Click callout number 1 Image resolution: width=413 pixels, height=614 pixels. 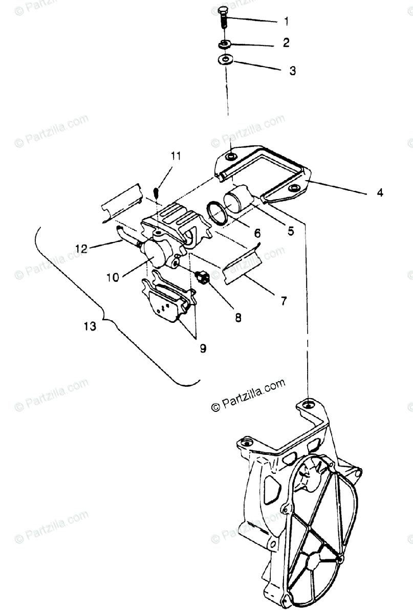click(286, 21)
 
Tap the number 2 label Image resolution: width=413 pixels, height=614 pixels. click(286, 43)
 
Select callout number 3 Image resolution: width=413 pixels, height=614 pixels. click(292, 71)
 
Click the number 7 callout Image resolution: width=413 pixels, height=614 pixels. click(283, 301)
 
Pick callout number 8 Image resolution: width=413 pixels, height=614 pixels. click(238, 317)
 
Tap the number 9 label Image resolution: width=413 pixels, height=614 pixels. click(203, 348)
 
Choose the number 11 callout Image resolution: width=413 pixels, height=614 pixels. click(176, 156)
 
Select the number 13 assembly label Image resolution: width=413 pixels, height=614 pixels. click(90, 326)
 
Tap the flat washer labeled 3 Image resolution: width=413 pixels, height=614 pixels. click(224, 60)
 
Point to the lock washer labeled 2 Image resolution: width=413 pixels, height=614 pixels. click(224, 43)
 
